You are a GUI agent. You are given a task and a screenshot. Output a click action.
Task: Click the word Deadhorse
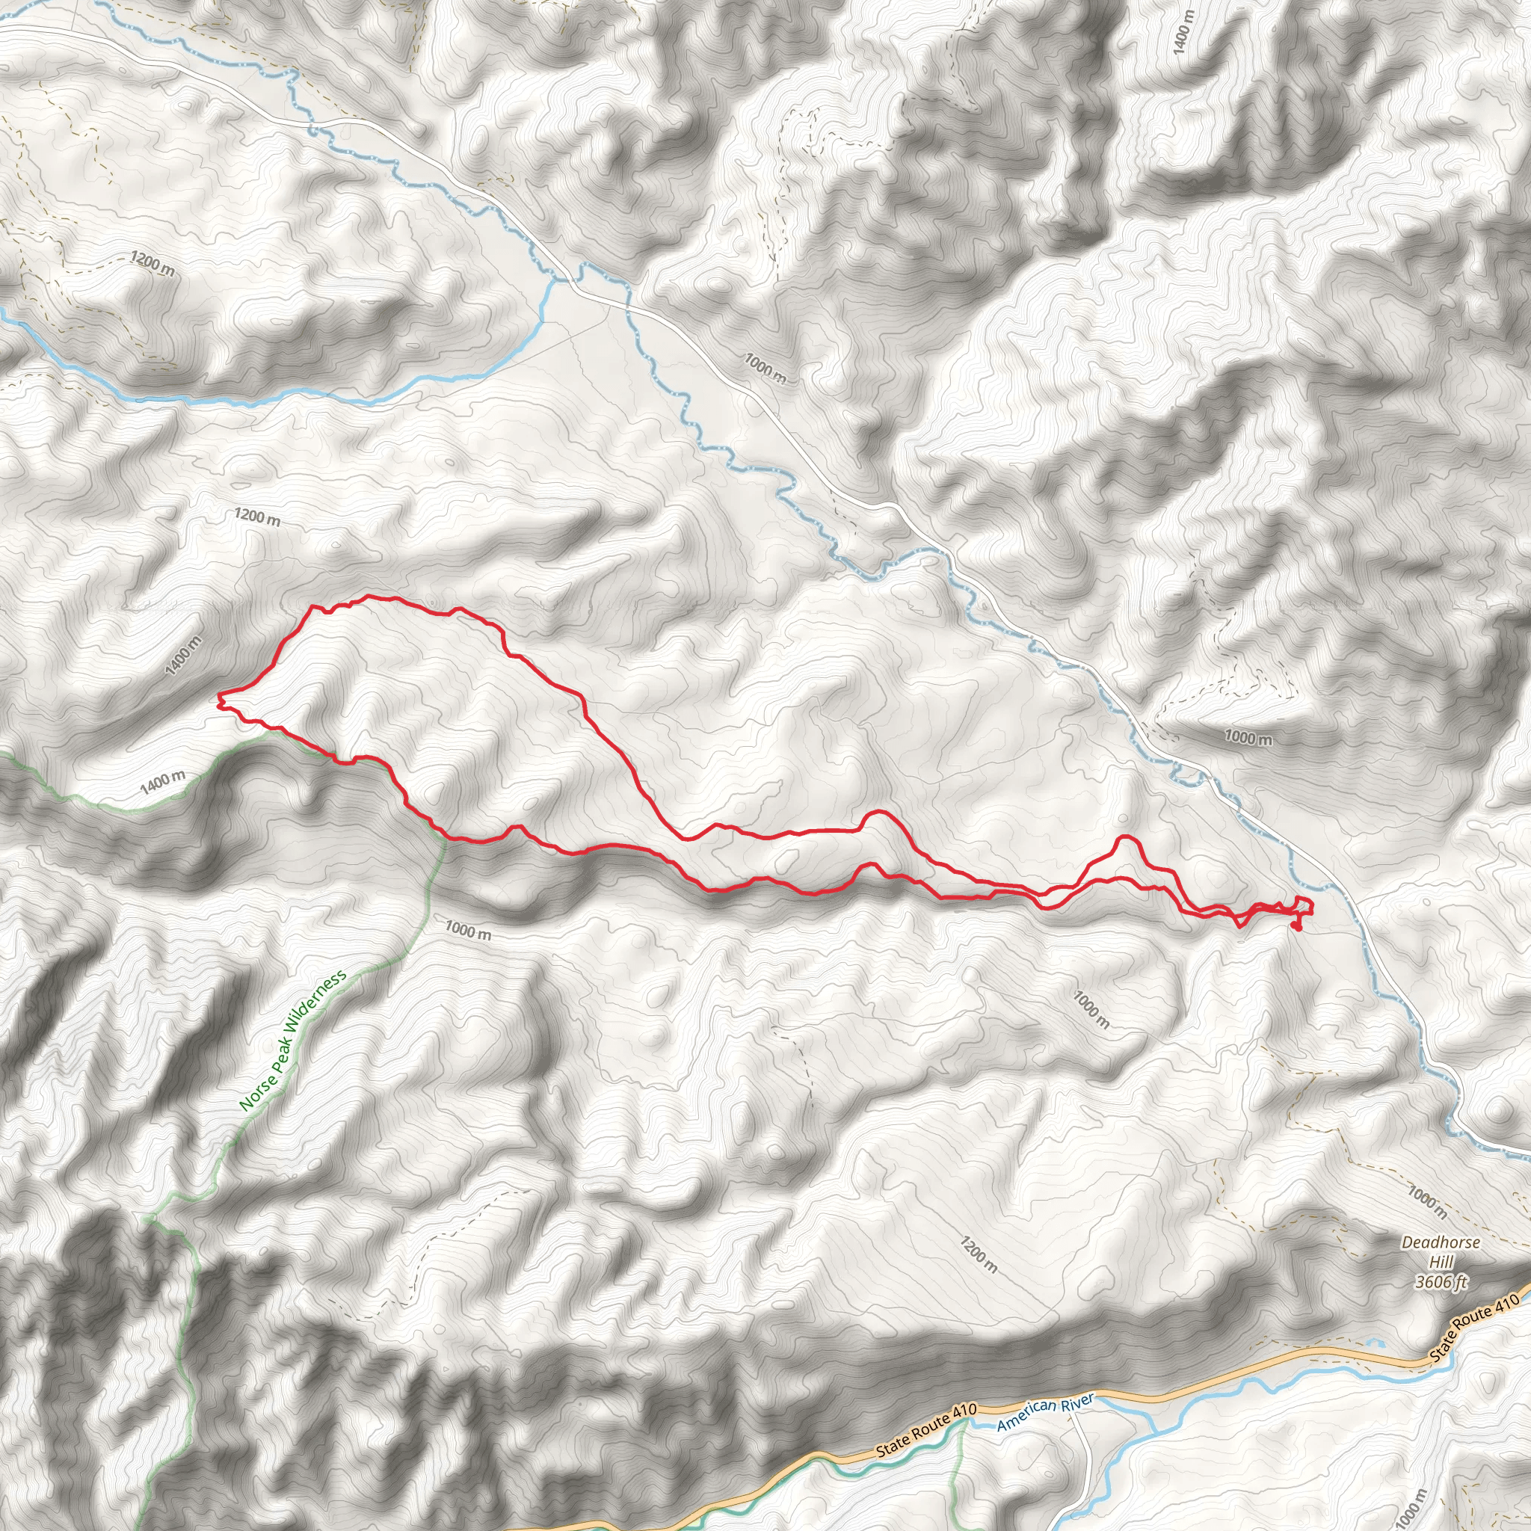point(1440,1242)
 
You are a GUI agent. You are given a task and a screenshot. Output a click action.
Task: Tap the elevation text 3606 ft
point(1441,1281)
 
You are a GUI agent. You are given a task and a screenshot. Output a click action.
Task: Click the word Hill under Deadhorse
point(1441,1262)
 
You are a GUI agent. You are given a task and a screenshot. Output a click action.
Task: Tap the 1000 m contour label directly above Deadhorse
point(1427,1202)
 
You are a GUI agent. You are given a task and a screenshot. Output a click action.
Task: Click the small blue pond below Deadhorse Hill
point(1376,1343)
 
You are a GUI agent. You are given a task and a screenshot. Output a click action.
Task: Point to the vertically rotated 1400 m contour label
point(1183,34)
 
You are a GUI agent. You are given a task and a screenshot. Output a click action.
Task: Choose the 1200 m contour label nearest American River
point(978,1254)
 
